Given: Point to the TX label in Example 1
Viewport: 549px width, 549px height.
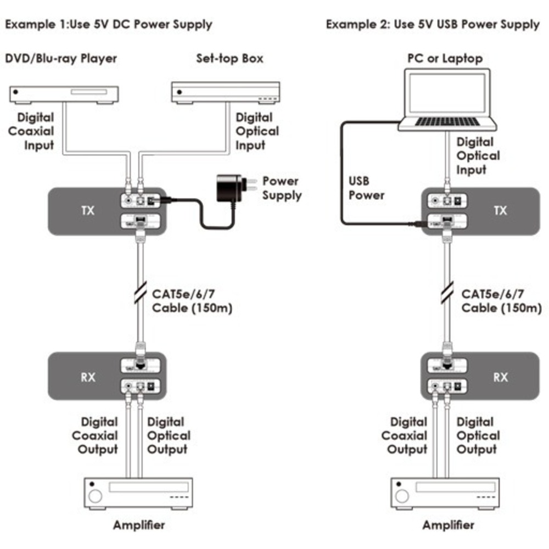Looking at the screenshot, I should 88,211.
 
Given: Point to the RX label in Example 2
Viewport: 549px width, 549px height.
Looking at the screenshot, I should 500,377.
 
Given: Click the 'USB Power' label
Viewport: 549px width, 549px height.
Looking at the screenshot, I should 367,188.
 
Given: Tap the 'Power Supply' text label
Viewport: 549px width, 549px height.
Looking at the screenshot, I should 281,188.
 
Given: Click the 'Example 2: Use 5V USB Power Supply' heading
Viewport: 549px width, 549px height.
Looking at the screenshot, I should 433,25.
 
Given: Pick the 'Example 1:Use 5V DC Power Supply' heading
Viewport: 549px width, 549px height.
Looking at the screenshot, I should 109,25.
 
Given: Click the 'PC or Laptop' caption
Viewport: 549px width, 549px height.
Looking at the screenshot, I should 445,58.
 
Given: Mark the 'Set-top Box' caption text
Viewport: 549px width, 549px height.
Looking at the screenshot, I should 229,58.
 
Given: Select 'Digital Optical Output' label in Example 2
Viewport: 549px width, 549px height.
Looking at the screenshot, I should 478,436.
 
